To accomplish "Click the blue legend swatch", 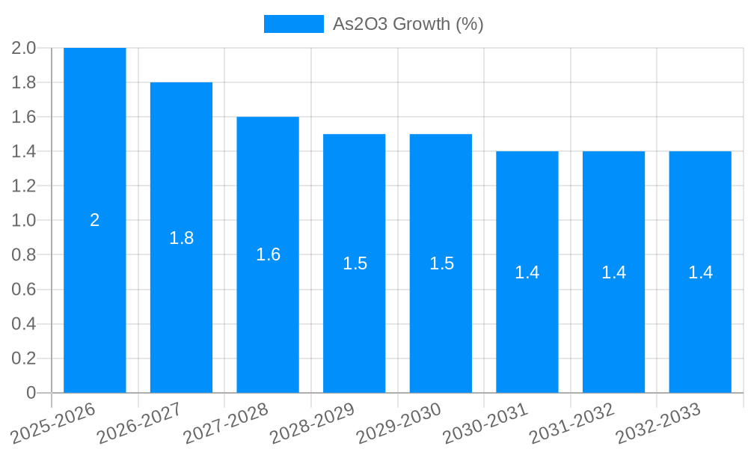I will pos(293,24).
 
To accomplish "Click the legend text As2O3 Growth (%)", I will pos(408,24).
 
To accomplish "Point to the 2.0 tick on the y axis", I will pos(24,48).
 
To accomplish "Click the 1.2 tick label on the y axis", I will pos(24,186).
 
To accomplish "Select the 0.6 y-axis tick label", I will pos(24,290).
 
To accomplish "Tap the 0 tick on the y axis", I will pos(31,393).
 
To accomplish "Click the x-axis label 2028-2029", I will pos(313,422).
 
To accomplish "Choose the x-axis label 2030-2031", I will pos(485,422).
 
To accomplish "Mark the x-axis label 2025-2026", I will pos(54,422).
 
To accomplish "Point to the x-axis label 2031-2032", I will pos(572,422).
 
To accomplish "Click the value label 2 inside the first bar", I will pos(95,220).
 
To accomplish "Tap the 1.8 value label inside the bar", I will pos(181,238).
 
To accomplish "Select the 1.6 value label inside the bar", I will pos(268,254).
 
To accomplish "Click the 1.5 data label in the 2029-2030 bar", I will pos(441,263).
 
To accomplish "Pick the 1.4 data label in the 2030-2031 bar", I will pos(527,272).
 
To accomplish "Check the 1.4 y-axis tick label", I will pos(24,151).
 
